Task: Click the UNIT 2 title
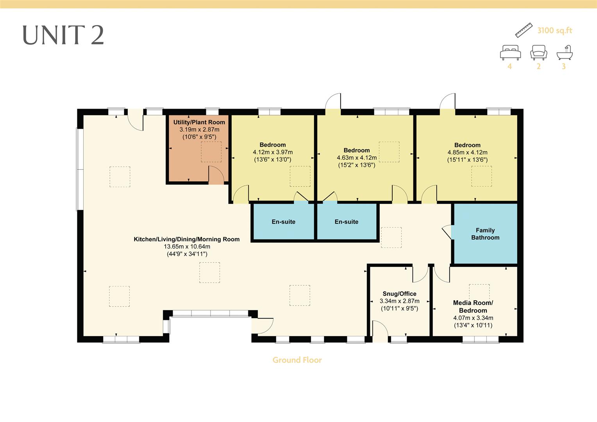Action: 63,35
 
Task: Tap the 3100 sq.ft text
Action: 554,30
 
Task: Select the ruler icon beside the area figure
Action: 524,30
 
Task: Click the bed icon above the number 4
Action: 510,52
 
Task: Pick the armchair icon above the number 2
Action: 538,52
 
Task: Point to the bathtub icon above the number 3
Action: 565,52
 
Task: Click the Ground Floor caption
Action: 297,360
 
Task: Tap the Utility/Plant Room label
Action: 199,122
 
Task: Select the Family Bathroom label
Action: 485,234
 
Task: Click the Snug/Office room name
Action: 399,294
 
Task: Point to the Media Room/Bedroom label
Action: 473,306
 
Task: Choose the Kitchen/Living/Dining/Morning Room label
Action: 187,239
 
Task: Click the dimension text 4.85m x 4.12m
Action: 467,152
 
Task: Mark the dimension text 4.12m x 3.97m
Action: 273,152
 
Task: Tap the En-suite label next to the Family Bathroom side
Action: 346,222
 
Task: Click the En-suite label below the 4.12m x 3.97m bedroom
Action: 283,222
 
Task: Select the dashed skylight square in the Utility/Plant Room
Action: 211,152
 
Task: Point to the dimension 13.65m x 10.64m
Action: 187,247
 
